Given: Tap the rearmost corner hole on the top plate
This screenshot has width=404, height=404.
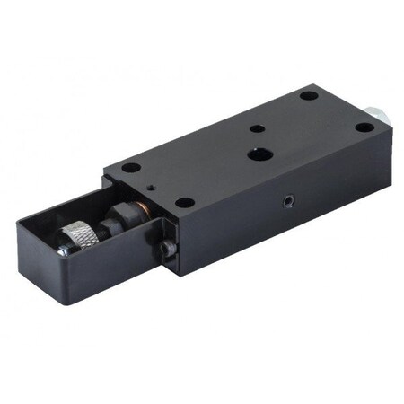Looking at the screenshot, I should [308, 95].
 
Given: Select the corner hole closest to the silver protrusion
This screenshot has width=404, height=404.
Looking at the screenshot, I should [363, 127].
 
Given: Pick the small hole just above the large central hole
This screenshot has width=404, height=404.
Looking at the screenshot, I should [258, 128].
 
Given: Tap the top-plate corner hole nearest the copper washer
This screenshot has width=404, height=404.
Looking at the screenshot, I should [130, 168].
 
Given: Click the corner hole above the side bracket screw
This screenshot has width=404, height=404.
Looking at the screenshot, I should [184, 202].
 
